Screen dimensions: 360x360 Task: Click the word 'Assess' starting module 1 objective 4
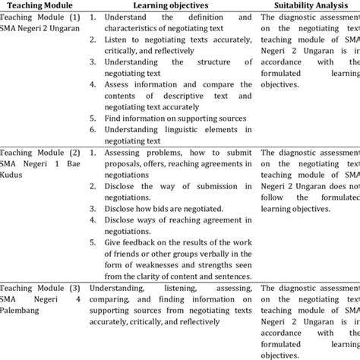pyautogui.click(x=120, y=84)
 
